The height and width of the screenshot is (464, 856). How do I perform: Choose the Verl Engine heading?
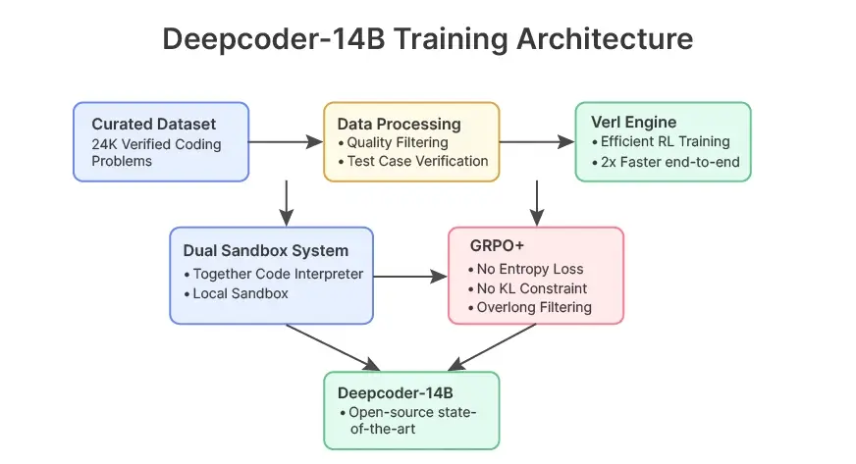click(633, 123)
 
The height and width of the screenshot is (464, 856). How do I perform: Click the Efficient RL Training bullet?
click(666, 142)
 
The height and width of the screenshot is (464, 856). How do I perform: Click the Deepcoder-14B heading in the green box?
click(392, 392)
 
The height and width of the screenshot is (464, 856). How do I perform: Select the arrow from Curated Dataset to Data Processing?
click(286, 143)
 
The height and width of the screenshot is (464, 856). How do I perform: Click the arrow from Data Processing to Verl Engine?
click(537, 142)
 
